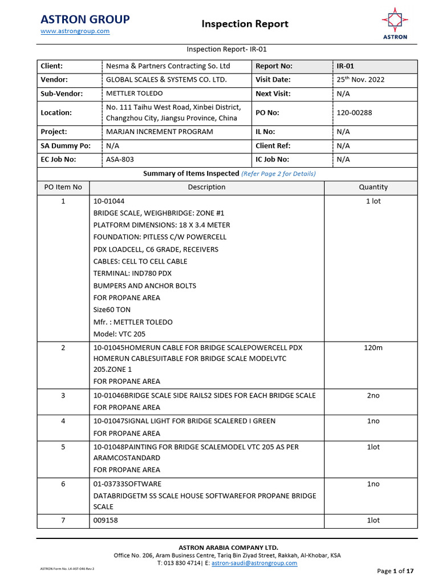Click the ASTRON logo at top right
(x=395, y=23)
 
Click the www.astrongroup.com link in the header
(x=75, y=31)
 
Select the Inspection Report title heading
(x=245, y=24)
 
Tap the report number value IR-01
(x=346, y=66)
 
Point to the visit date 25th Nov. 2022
(x=360, y=80)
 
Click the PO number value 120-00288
(x=354, y=112)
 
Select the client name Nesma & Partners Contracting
(x=168, y=66)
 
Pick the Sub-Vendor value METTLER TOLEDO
(x=134, y=94)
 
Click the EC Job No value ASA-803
(x=120, y=160)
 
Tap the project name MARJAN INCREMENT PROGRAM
(x=159, y=132)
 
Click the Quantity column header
(x=373, y=187)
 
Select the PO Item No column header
(x=63, y=187)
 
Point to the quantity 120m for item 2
(x=373, y=348)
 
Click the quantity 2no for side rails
(x=373, y=395)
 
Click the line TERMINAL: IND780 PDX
(x=132, y=273)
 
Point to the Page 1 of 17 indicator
(x=395, y=571)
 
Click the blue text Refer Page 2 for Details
(x=278, y=173)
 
